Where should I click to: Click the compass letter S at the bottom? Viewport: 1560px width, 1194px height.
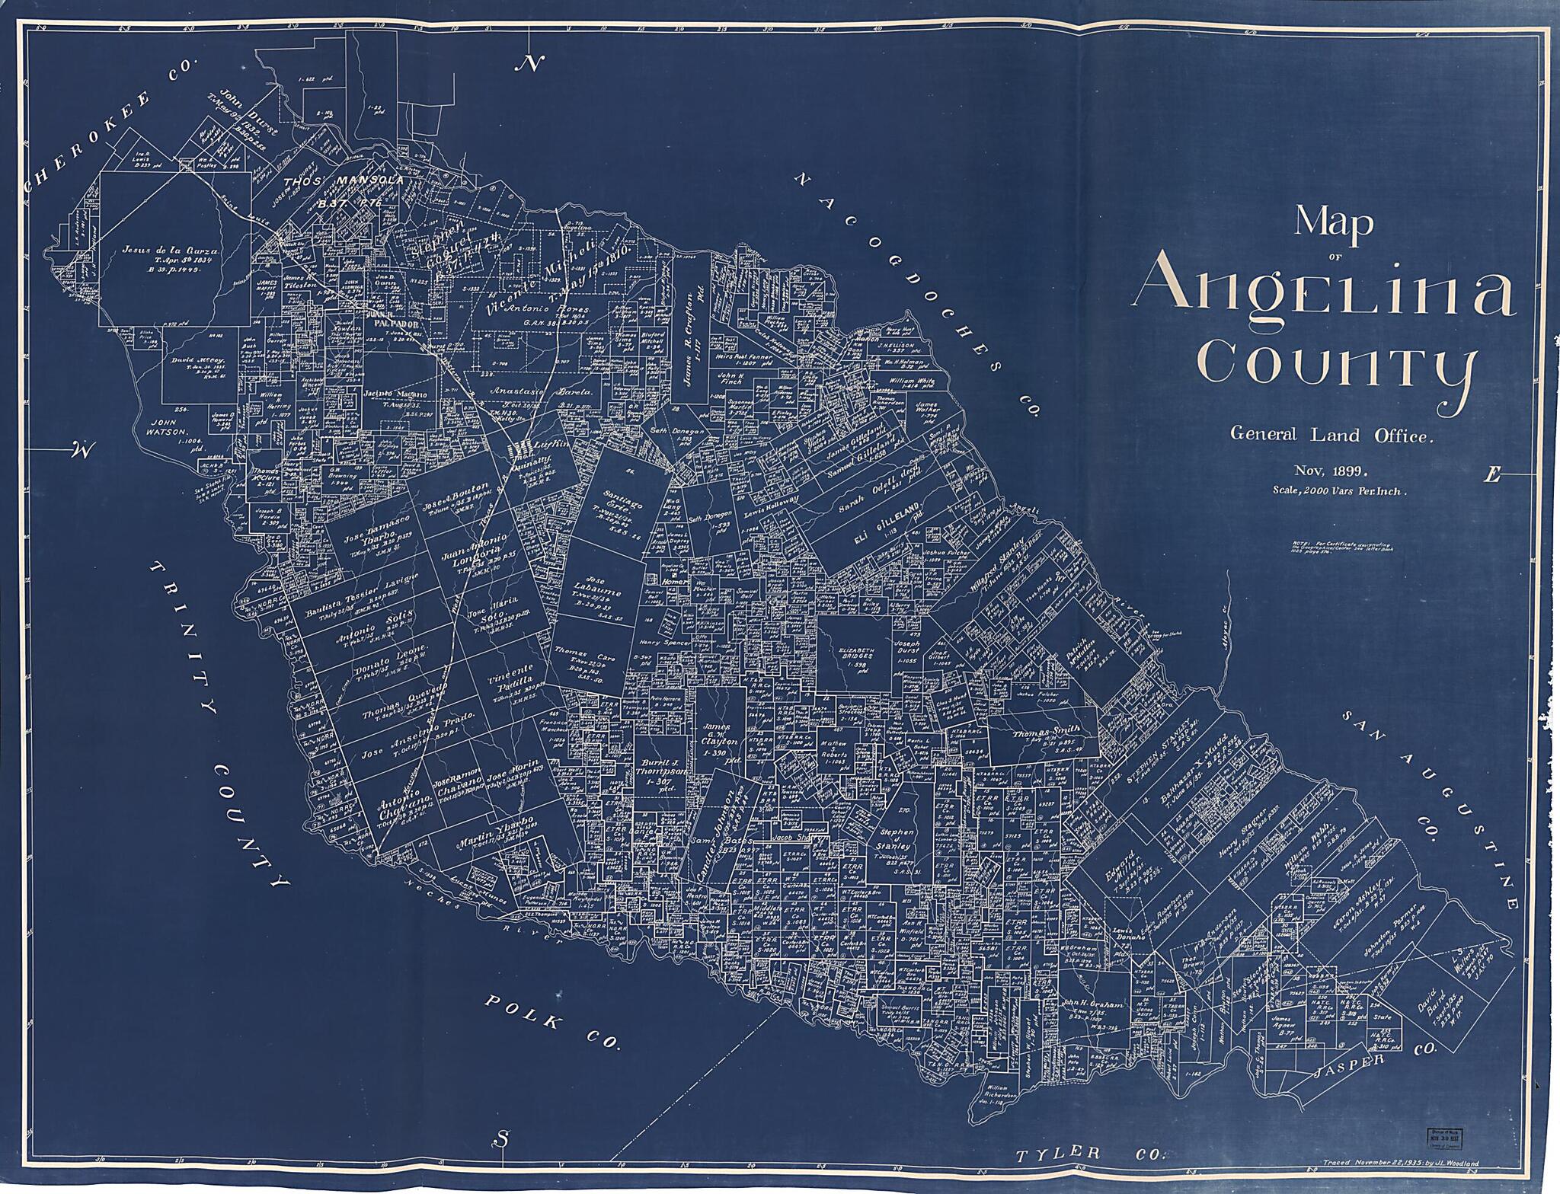click(x=500, y=1138)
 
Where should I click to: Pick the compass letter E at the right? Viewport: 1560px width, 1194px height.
click(x=1491, y=477)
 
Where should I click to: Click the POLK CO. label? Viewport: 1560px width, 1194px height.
click(x=551, y=1023)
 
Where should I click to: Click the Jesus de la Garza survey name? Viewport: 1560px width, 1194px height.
click(x=171, y=251)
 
